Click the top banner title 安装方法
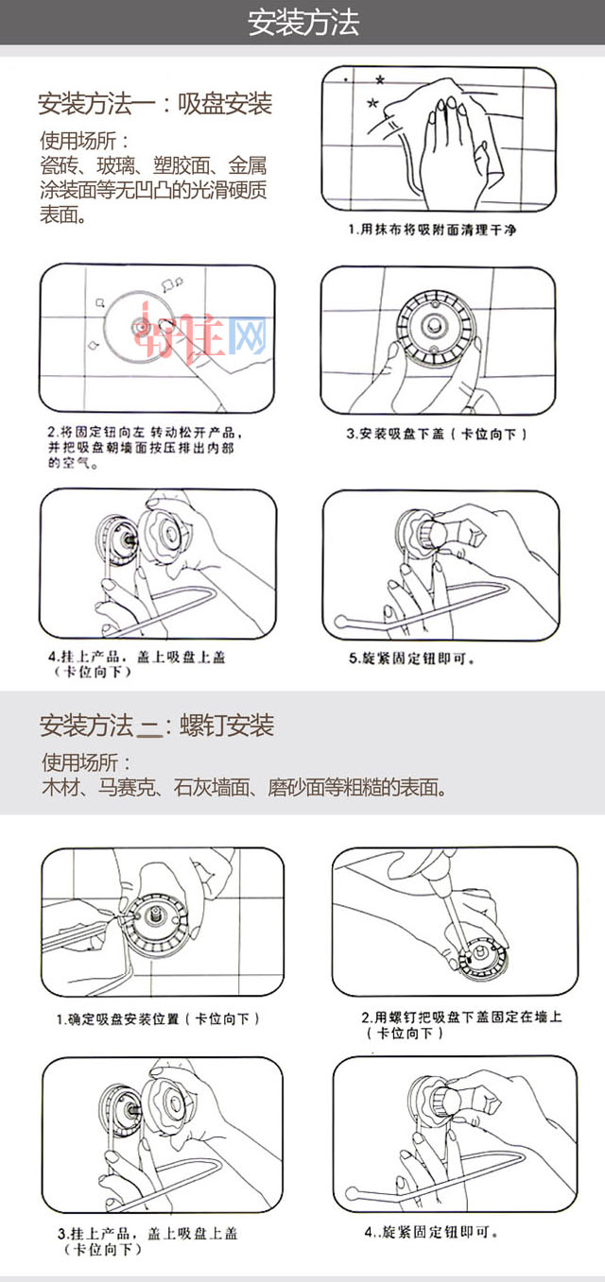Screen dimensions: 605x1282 pyautogui.click(x=303, y=23)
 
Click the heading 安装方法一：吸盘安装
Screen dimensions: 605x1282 pyautogui.click(x=155, y=104)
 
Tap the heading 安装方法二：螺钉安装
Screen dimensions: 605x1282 pyautogui.click(x=156, y=726)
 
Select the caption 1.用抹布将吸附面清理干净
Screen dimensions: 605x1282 pyautogui.click(x=433, y=230)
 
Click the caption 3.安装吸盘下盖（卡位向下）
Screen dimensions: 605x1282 pyautogui.click(x=436, y=434)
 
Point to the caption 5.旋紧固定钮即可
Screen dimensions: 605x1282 pyautogui.click(x=412, y=658)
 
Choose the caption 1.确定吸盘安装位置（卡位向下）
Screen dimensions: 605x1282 pyautogui.click(x=158, y=1019)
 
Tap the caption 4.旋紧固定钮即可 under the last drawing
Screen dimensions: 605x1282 pyautogui.click(x=431, y=1232)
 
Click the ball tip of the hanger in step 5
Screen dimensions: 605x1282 pyautogui.click(x=341, y=623)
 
